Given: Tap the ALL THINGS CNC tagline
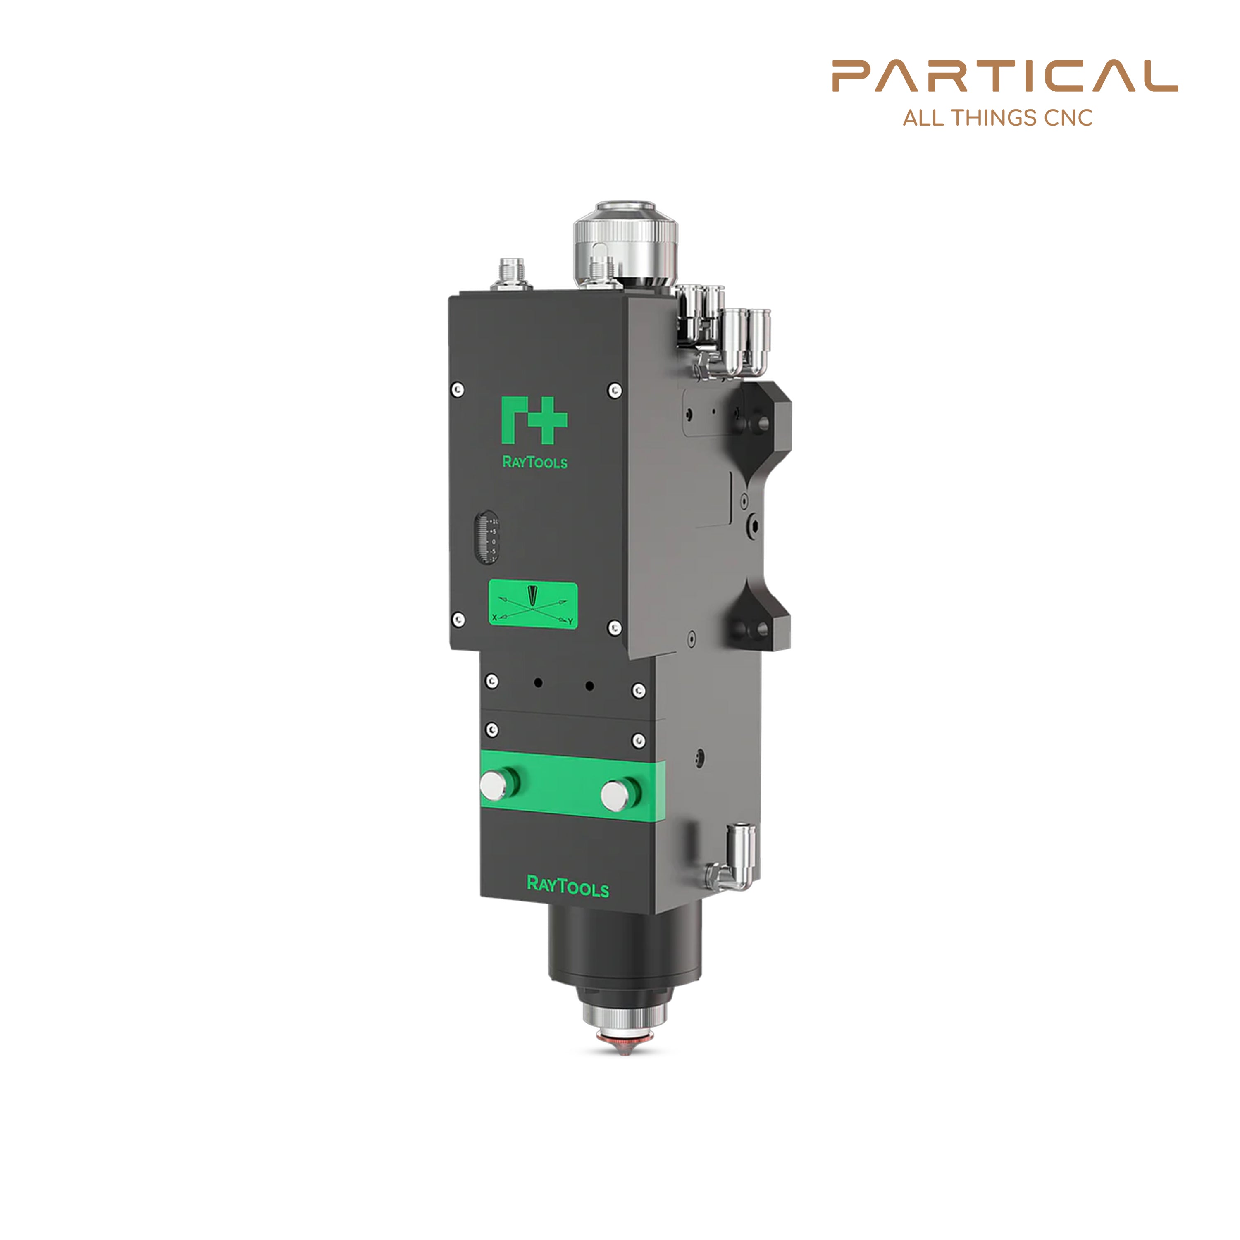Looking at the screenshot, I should pyautogui.click(x=997, y=118).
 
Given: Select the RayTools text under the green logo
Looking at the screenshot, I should pyautogui.click(x=534, y=462).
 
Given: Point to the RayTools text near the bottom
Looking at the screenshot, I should pyautogui.click(x=568, y=886).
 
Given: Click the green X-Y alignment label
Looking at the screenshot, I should pyautogui.click(x=533, y=604).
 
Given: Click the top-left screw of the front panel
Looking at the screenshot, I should pyautogui.click(x=458, y=389).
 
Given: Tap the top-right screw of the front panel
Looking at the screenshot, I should pyautogui.click(x=614, y=390).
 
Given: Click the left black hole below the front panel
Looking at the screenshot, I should pyautogui.click(x=538, y=682).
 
